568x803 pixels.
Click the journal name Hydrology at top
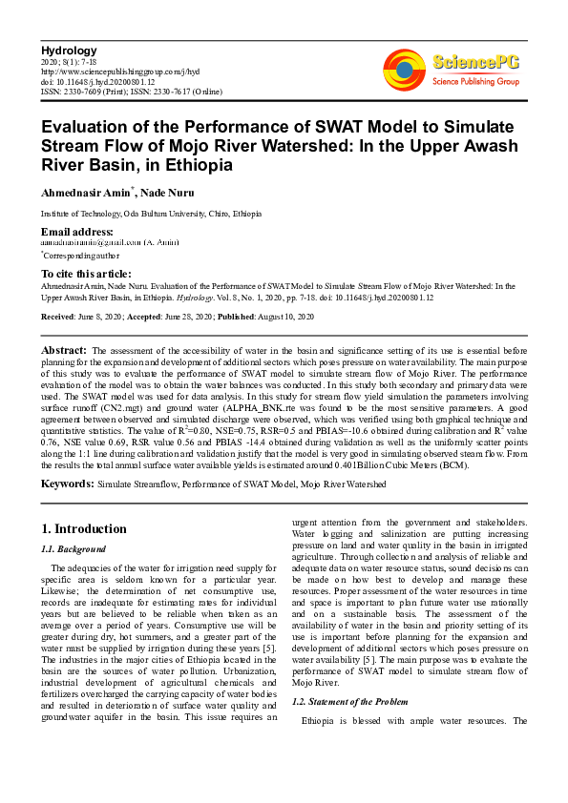[69, 50]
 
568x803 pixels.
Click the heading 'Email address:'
[77, 232]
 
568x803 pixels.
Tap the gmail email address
[82, 242]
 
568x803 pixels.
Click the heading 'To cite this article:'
[87, 274]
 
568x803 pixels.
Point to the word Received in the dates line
[59, 315]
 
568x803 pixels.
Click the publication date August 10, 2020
[292, 315]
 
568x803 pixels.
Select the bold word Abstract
[65, 351]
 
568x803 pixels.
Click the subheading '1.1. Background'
[72, 549]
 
